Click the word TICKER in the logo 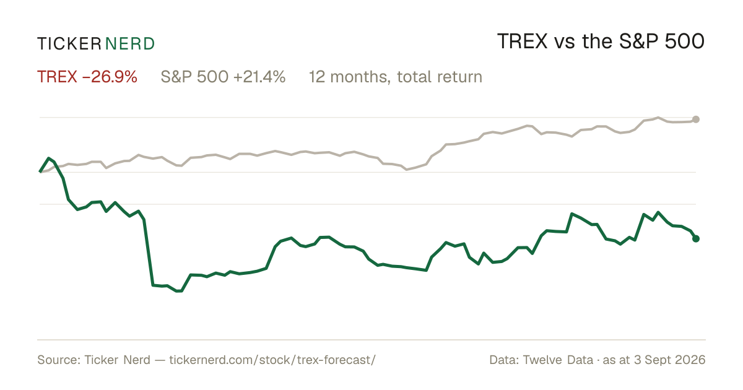[69, 44]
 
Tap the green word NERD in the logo [129, 44]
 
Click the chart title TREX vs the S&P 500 [601, 41]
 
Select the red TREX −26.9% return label [87, 77]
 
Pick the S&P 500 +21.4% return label [223, 77]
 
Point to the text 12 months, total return [396, 77]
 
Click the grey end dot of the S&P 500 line [696, 119]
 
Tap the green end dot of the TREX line [696, 238]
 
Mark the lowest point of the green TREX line [179, 291]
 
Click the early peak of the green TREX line [49, 158]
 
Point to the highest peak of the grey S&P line [658, 118]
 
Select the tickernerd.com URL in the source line [272, 360]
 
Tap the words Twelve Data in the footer [558, 360]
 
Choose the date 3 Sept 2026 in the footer [670, 360]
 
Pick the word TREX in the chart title [523, 41]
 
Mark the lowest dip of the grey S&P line [407, 169]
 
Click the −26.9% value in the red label [110, 77]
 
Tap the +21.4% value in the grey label [259, 77]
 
